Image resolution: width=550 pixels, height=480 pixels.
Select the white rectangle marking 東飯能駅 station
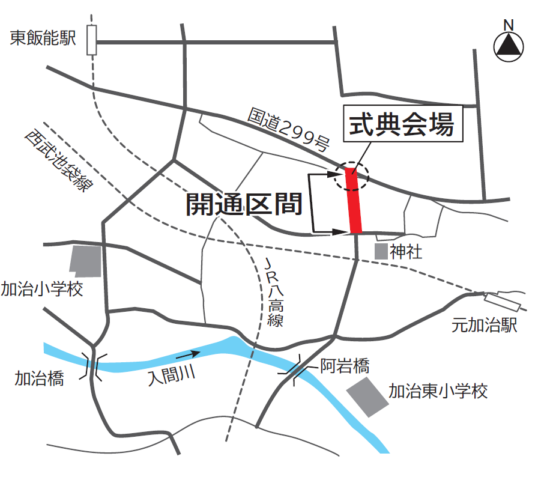pyautogui.click(x=91, y=40)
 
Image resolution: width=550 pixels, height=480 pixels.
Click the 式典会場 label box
pyautogui.click(x=403, y=124)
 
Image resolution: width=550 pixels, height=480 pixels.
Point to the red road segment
pyautogui.click(x=355, y=201)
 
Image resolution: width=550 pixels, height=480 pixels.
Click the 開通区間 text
pyautogui.click(x=243, y=204)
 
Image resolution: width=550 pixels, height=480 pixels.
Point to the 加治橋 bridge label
pyautogui.click(x=39, y=378)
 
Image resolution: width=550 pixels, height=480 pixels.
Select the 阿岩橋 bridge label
pyautogui.click(x=344, y=365)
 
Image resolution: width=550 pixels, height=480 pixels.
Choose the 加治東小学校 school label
pyautogui.click(x=438, y=392)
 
